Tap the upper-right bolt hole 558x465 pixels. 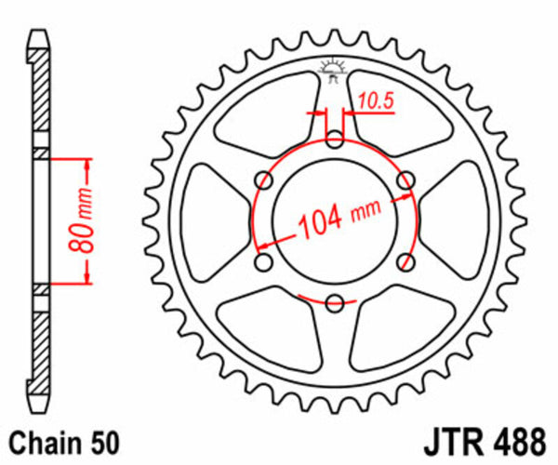(405, 179)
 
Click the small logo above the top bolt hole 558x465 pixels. (333, 70)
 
